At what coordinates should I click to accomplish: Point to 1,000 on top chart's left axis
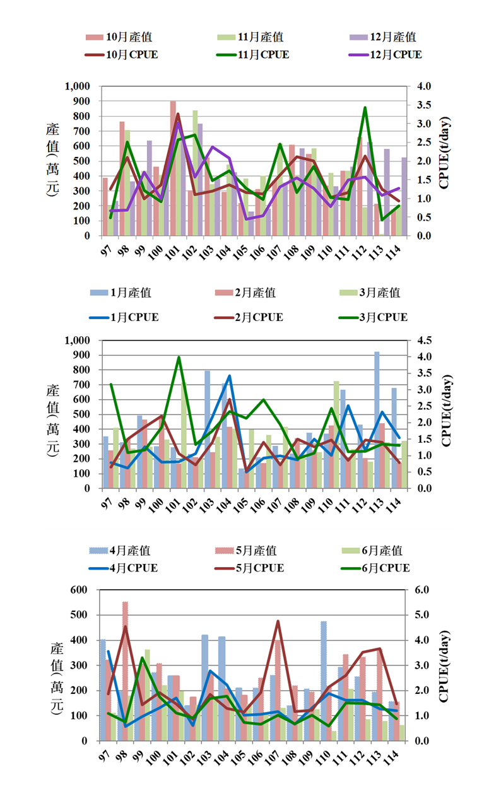pos(78,86)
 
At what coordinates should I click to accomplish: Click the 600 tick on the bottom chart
pos(84,590)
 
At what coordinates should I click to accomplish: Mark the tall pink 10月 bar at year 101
pos(173,168)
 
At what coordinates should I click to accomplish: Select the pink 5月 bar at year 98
pos(125,671)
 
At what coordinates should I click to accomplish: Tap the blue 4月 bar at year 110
pos(324,681)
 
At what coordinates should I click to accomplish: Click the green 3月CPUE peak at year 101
pos(179,358)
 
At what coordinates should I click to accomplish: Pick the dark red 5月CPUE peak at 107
pos(278,622)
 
